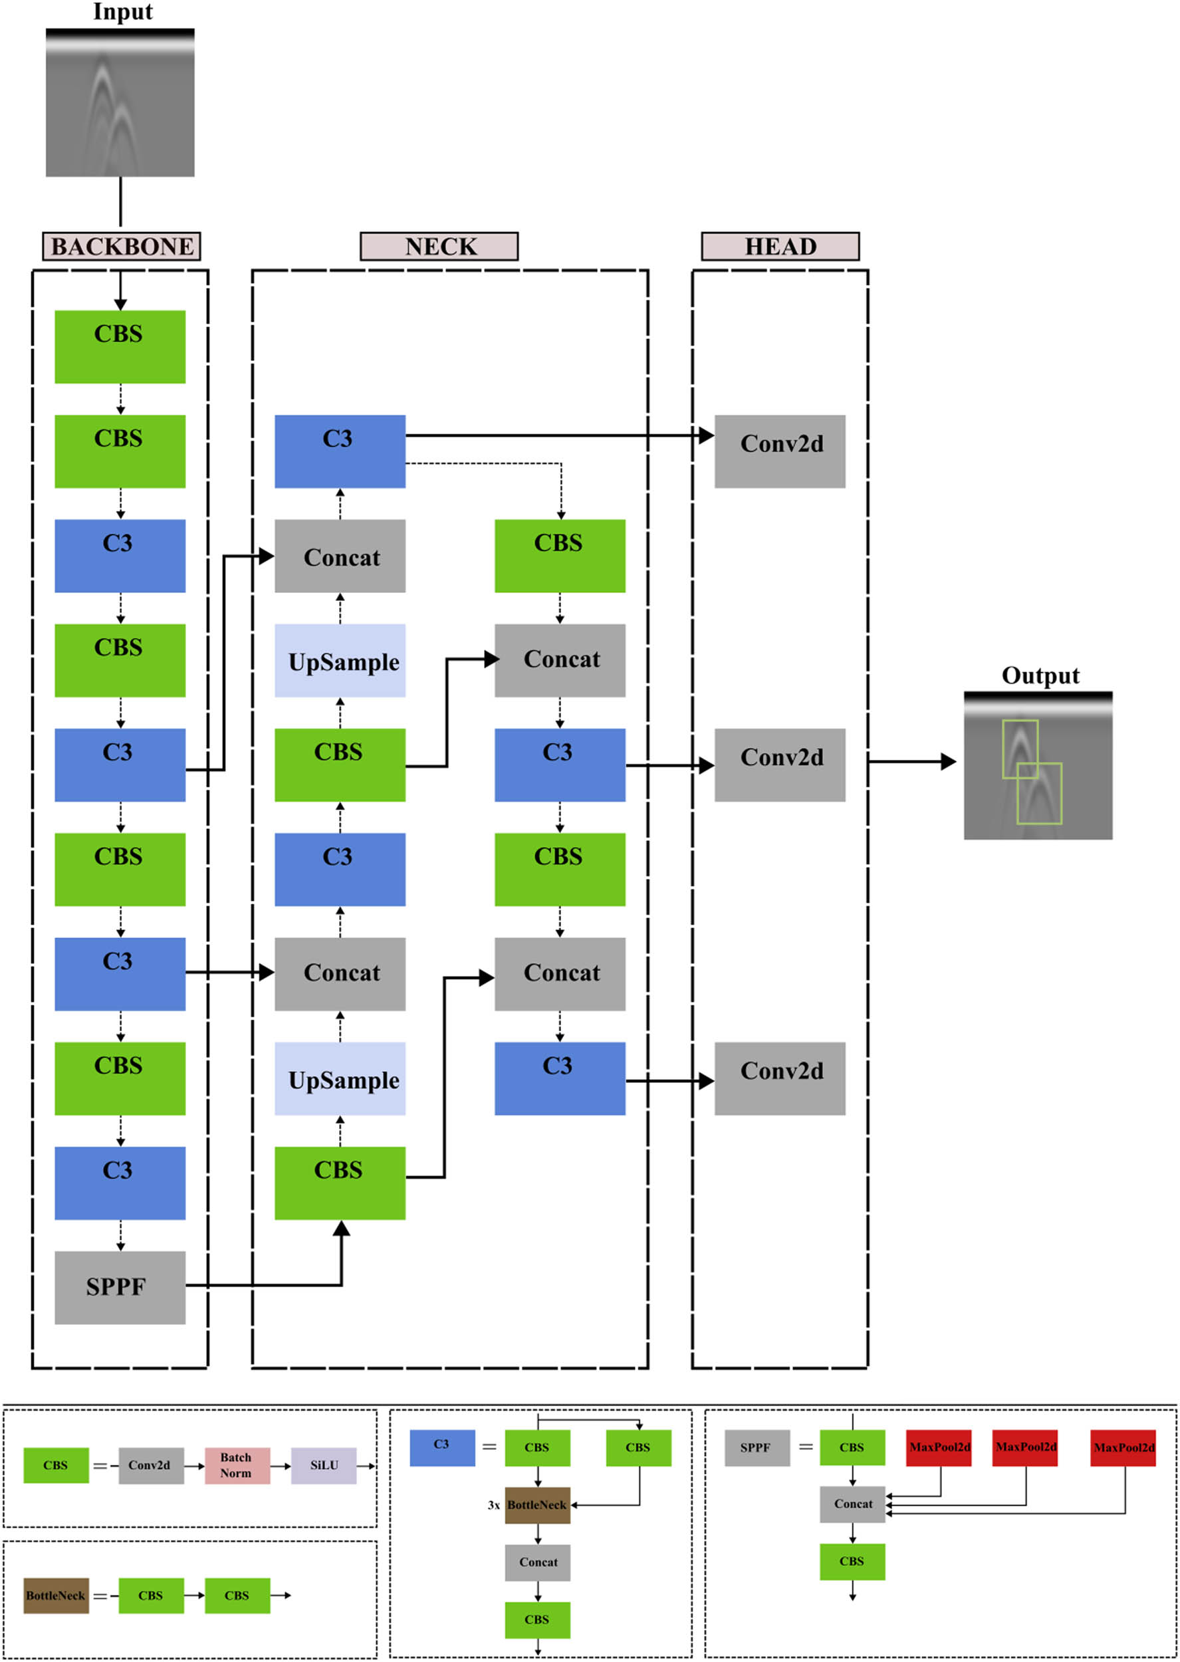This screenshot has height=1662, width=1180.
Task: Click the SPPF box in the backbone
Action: tap(120, 1286)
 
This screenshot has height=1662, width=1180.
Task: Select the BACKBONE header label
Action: tap(122, 246)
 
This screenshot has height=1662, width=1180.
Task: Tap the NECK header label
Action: tap(439, 246)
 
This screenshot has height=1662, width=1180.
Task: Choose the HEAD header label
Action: tap(780, 246)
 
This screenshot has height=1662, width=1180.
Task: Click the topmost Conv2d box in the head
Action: tap(780, 451)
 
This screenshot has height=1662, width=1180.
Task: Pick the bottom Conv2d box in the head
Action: tap(780, 1078)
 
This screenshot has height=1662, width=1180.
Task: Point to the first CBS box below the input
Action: tap(120, 346)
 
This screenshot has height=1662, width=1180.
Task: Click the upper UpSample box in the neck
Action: tap(340, 660)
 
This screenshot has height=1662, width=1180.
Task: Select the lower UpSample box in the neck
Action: tap(340, 1078)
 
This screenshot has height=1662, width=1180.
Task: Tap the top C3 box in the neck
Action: tap(340, 451)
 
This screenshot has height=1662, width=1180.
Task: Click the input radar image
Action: tap(120, 102)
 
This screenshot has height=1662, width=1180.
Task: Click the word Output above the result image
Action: tap(1040, 675)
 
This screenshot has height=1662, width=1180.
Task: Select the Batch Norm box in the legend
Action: tap(237, 1465)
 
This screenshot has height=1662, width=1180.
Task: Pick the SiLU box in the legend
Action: tap(324, 1465)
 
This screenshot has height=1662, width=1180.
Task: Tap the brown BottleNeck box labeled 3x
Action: tap(537, 1504)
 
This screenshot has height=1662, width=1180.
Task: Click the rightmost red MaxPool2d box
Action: tap(1123, 1448)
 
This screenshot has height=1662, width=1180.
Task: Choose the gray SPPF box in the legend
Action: tap(757, 1448)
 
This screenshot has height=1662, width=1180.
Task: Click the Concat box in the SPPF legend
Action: tap(852, 1504)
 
